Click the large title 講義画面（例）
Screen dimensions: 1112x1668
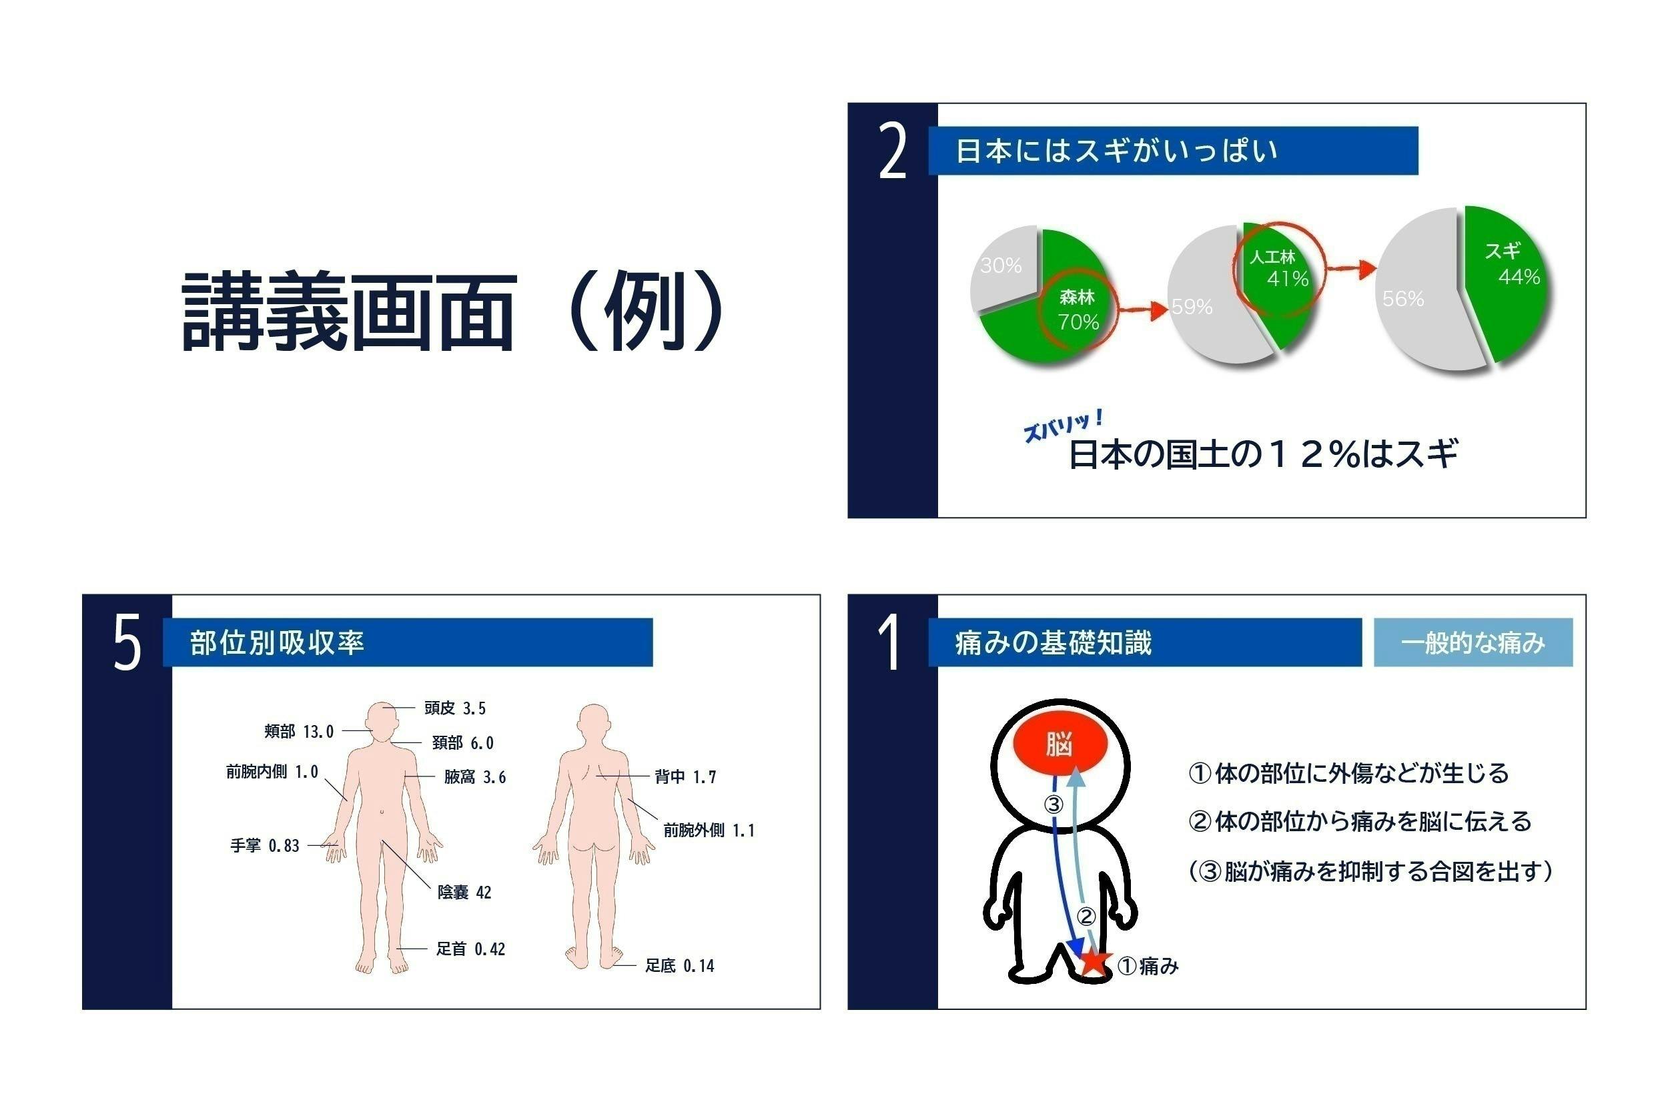tap(454, 312)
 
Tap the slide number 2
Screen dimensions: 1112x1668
tap(892, 150)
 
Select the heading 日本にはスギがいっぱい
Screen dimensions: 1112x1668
tap(1116, 151)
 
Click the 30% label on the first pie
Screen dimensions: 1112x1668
tap(1001, 266)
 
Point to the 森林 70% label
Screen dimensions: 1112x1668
tap(1078, 310)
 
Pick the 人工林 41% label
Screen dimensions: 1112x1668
tap(1278, 268)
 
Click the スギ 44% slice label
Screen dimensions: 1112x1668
tap(1511, 263)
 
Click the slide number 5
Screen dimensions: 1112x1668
tap(127, 643)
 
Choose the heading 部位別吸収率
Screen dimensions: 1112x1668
tap(278, 642)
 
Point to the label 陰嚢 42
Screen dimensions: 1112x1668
tap(464, 892)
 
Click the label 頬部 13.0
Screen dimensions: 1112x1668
tap(298, 731)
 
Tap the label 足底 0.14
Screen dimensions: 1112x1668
tap(679, 965)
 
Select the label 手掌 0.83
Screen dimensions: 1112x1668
tap(264, 845)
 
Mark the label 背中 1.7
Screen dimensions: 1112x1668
tap(685, 776)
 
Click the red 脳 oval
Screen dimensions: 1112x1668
tap(1059, 744)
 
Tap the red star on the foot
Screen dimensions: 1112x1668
tap(1094, 961)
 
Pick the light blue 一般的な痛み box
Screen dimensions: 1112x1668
tap(1473, 642)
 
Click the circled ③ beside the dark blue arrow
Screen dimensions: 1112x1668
tap(1054, 804)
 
